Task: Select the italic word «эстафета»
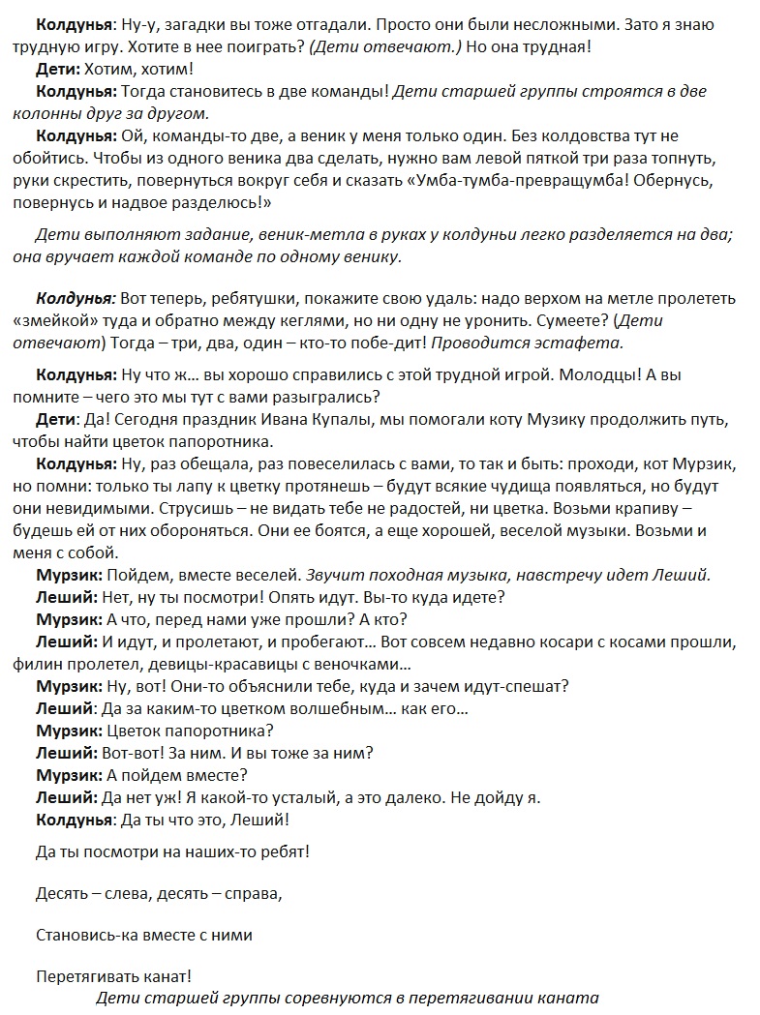586,343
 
